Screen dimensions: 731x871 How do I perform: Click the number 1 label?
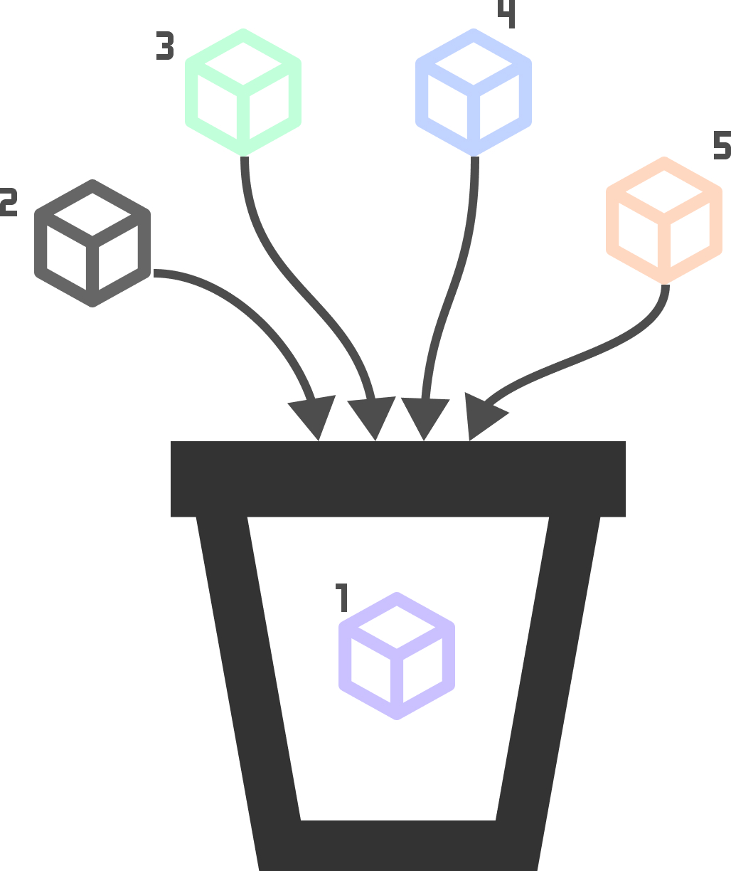342,598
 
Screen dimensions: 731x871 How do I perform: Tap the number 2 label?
8,203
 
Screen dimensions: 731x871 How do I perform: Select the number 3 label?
165,46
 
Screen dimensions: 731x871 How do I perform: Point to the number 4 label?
507,14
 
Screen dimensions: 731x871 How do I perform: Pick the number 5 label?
722,144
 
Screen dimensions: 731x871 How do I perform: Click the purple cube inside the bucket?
396,656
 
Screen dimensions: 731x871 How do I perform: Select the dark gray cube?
92,243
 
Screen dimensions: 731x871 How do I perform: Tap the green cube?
243,93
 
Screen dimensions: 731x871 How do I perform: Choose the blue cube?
474,93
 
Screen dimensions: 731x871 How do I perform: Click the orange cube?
664,221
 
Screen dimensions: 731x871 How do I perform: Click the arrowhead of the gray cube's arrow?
314,417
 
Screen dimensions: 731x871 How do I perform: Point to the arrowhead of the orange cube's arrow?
483,416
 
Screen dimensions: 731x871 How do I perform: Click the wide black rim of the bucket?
398,479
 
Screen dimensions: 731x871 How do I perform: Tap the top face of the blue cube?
474,64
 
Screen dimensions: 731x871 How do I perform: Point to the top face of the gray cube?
92,214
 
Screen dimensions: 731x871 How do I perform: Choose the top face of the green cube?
243,64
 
